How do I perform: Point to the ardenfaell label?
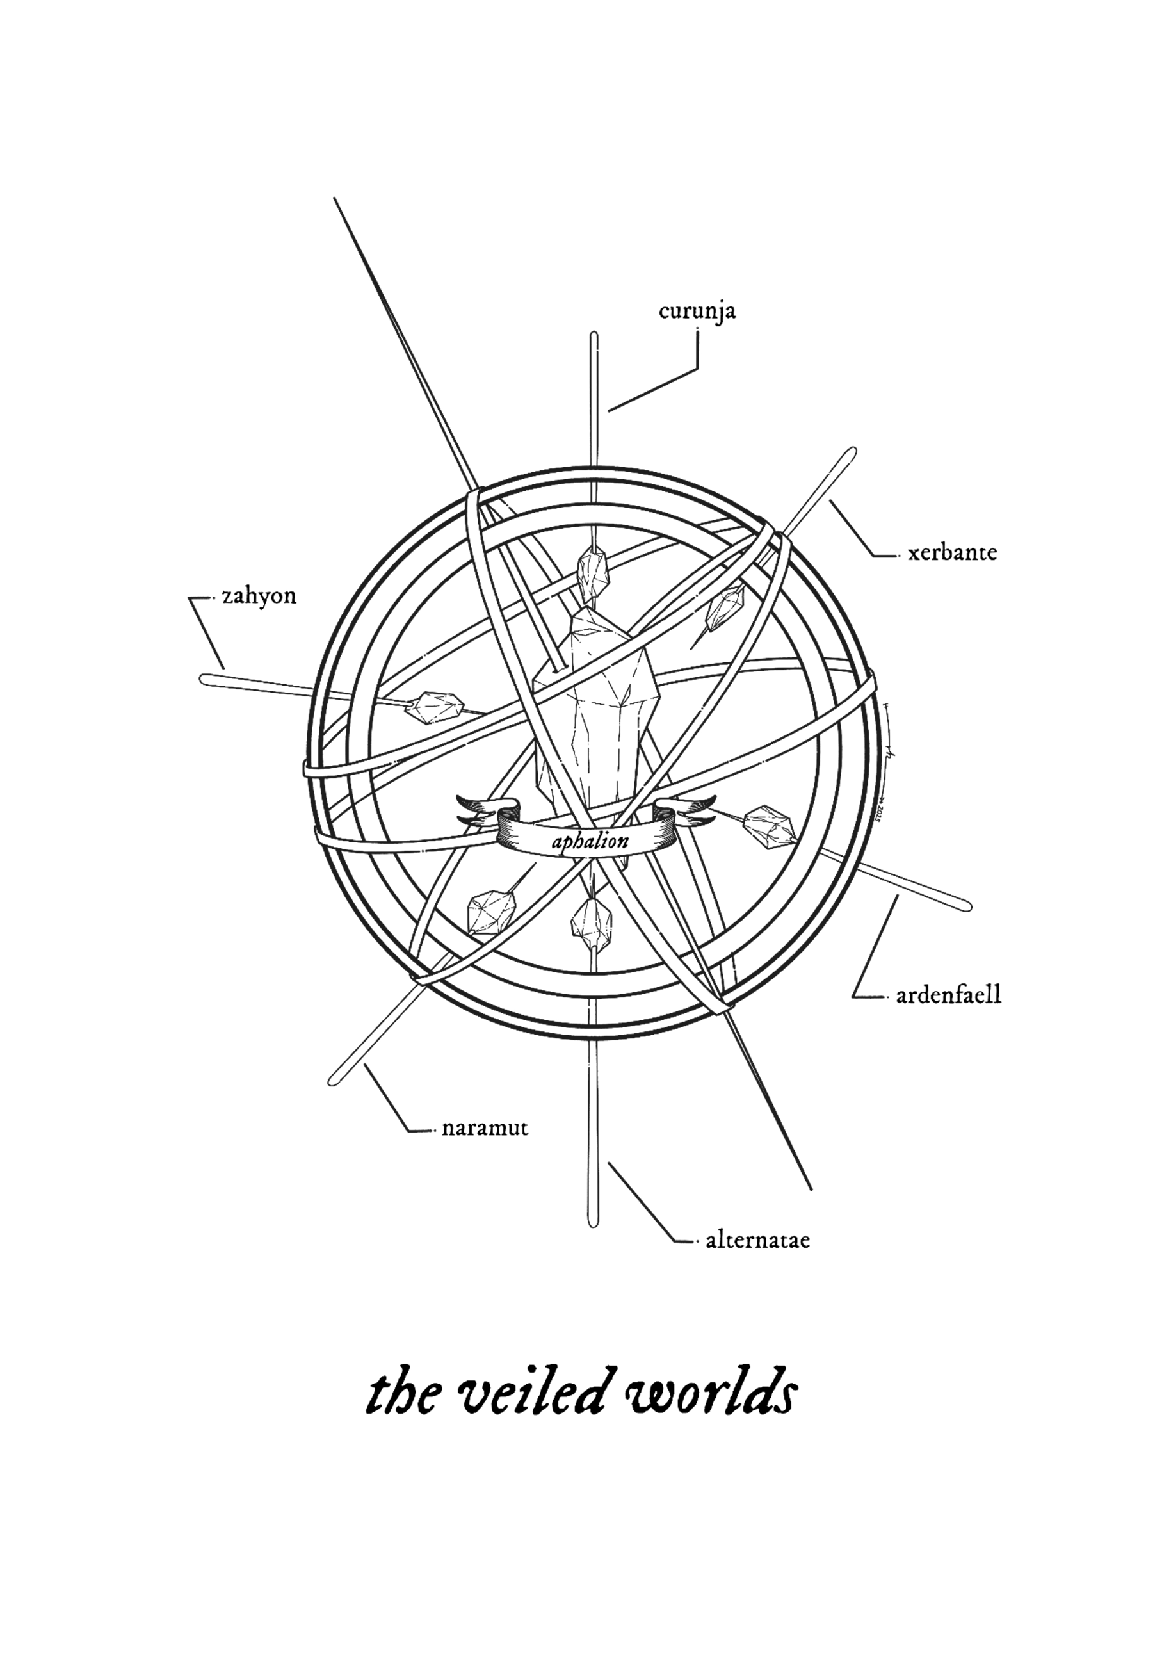click(949, 995)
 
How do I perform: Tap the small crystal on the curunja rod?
click(593, 569)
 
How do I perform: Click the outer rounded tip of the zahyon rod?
click(205, 679)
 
